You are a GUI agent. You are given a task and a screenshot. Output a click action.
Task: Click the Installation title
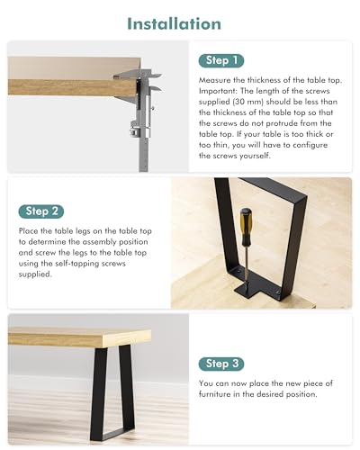point(174,23)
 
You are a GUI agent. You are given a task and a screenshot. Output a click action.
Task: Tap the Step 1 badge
point(221,61)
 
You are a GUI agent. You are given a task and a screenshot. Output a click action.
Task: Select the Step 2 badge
point(41,211)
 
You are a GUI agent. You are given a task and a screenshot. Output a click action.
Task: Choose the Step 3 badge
point(221,364)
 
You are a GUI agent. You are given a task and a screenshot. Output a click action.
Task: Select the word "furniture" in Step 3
point(214,394)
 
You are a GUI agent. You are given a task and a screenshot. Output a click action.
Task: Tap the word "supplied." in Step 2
point(35,274)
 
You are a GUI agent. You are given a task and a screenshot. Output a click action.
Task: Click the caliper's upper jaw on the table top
point(137,74)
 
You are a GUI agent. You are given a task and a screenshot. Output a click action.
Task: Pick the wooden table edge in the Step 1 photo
point(72,87)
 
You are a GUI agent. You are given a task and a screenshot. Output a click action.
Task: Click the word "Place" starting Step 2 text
point(29,231)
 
